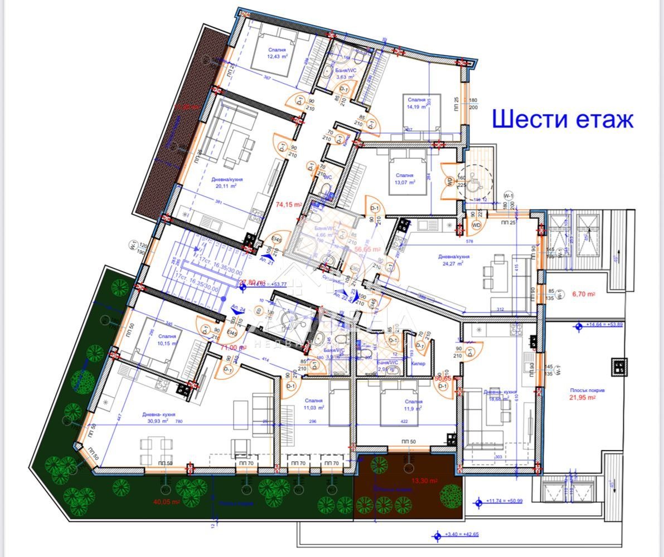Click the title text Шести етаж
562,119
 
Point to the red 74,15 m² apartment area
288,204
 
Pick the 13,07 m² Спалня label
405,178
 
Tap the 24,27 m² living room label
453,260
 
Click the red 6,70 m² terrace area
584,294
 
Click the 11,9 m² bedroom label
414,405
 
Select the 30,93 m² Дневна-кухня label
159,418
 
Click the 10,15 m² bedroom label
167,340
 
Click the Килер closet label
418,364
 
